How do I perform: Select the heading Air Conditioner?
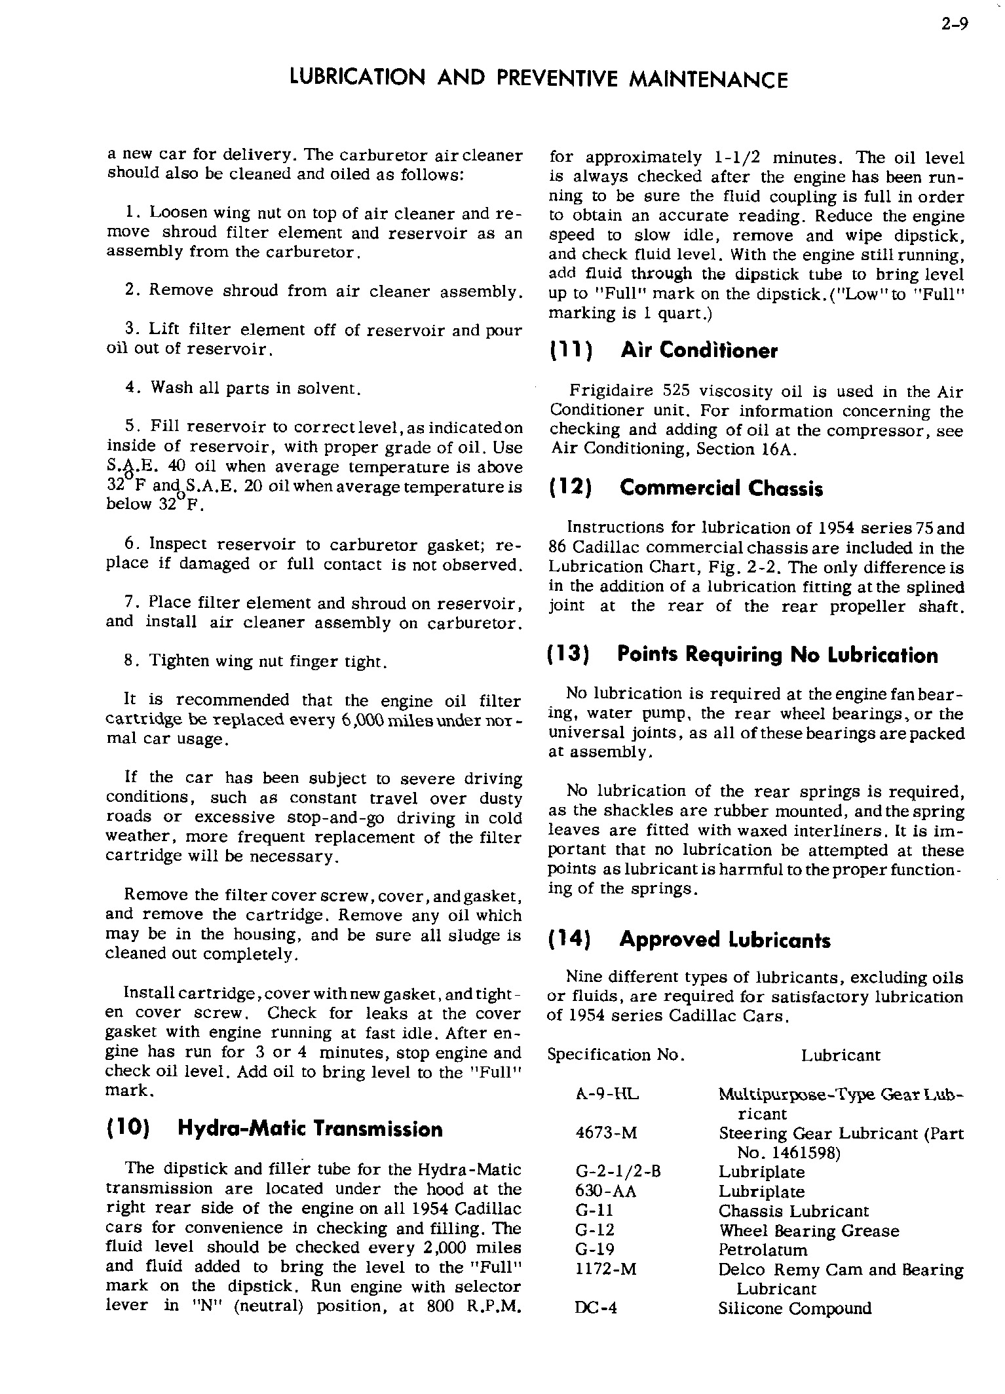(698, 350)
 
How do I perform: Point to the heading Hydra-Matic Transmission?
(310, 1129)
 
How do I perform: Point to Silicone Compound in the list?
(795, 1308)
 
